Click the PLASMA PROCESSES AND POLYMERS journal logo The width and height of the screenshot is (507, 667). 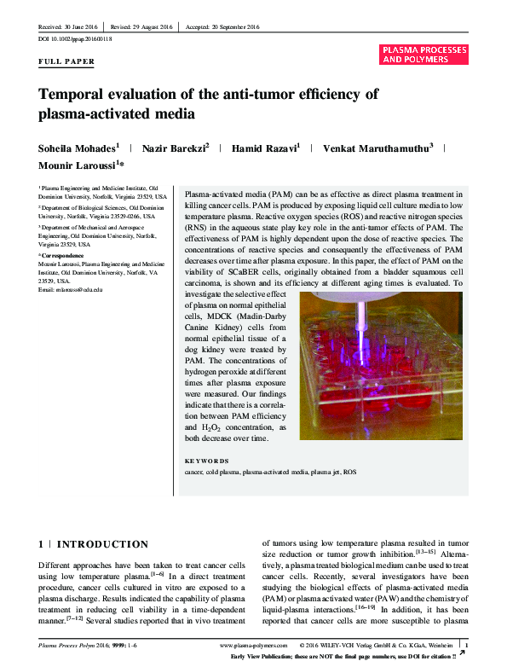[x=424, y=55]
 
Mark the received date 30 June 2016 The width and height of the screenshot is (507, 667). [x=65, y=28]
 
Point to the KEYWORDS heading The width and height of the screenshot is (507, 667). [x=205, y=461]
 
